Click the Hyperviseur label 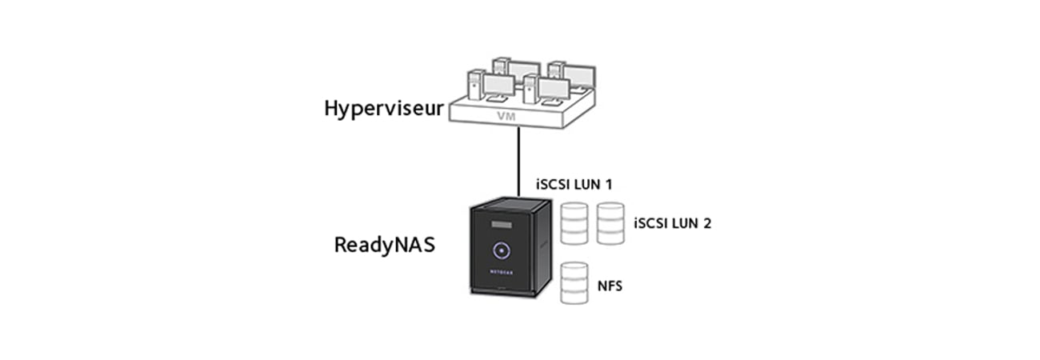(383, 108)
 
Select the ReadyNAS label (384, 244)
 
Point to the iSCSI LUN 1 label (574, 184)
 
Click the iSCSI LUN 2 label (671, 223)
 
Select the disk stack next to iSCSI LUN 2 (610, 223)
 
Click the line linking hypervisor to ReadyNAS (519, 160)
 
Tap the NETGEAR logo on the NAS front (500, 270)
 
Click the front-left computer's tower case (475, 86)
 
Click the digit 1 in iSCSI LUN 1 (608, 184)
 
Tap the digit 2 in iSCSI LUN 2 (706, 223)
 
